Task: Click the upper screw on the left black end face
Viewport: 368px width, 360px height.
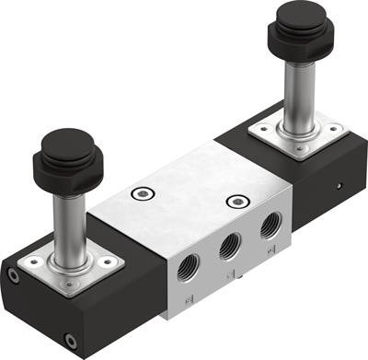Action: coord(12,274)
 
